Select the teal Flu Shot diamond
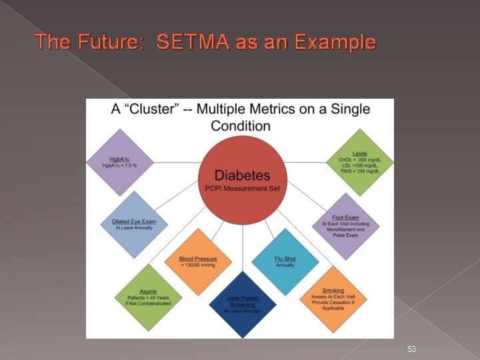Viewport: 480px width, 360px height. coord(285,261)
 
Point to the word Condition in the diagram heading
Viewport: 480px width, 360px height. coord(241,125)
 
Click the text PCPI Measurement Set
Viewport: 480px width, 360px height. coord(243,189)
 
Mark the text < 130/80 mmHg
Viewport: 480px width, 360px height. coord(197,265)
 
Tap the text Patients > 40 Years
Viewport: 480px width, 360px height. coord(147,297)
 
